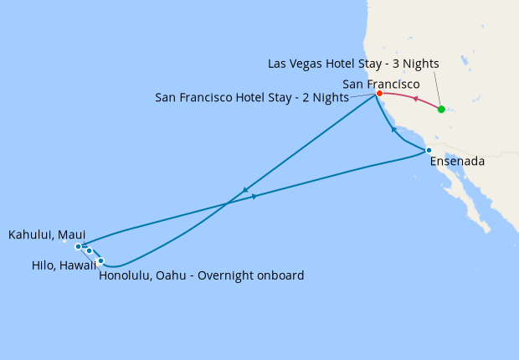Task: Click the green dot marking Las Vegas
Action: tap(441, 110)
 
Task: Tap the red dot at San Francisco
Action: tap(379, 93)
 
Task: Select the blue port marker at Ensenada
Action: tap(429, 151)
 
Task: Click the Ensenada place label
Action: tap(457, 161)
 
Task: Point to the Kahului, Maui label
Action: tap(47, 235)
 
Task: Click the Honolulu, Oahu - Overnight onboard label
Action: tap(201, 275)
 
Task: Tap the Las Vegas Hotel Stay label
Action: tap(353, 64)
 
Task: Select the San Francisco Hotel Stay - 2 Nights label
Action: tap(252, 97)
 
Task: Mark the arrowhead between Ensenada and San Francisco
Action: tap(394, 130)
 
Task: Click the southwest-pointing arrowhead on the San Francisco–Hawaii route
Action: tap(244, 190)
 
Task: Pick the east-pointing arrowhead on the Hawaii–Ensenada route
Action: tap(254, 197)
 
